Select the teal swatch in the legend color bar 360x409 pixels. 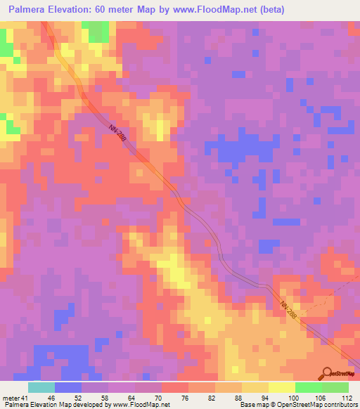tap(41, 387)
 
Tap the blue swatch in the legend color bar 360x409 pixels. tap(68, 387)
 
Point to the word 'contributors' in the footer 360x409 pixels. tap(340, 405)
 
